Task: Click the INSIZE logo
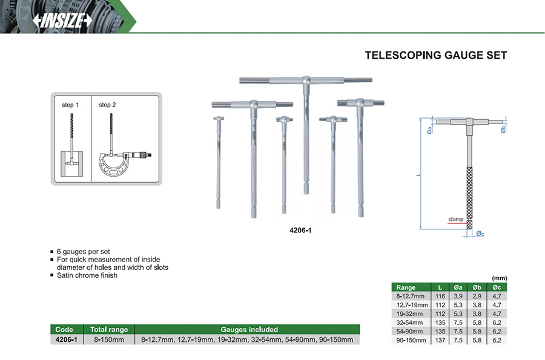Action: tap(63, 20)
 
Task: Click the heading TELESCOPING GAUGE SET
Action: tap(435, 56)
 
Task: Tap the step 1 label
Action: tap(70, 105)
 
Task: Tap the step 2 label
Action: tap(107, 105)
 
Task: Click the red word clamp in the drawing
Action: tap(456, 219)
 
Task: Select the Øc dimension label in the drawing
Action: tap(480, 234)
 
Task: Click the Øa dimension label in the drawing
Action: tap(429, 129)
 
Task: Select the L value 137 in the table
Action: tap(440, 341)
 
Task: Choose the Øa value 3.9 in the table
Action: tap(458, 296)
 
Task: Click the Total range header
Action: tap(109, 330)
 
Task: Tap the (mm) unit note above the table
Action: tap(500, 278)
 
